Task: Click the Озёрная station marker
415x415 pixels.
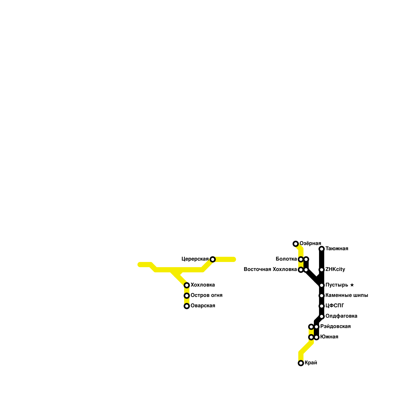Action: pos(295,244)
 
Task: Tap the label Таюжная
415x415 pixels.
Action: pos(337,249)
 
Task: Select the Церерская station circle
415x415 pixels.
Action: pos(213,259)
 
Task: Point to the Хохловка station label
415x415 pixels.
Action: pos(203,285)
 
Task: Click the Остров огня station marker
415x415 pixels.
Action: pos(187,296)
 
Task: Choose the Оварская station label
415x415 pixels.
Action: pos(203,306)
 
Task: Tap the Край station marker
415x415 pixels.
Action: pos(301,363)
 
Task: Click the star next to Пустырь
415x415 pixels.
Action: pos(352,285)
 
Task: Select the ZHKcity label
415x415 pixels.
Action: pos(335,269)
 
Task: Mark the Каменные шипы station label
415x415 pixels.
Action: pos(347,295)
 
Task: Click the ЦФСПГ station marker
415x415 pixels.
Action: pos(322,306)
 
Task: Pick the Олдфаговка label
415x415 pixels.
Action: pos(341,316)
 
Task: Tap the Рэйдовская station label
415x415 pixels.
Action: pos(335,327)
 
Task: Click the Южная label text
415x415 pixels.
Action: pos(329,337)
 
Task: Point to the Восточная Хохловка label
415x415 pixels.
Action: pos(270,269)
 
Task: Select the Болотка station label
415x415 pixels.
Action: pos(286,259)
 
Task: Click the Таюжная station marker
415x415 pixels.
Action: pos(322,249)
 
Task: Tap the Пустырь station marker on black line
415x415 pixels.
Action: pos(322,285)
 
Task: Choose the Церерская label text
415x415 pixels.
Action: pos(195,259)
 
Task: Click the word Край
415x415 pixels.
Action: pos(311,363)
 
